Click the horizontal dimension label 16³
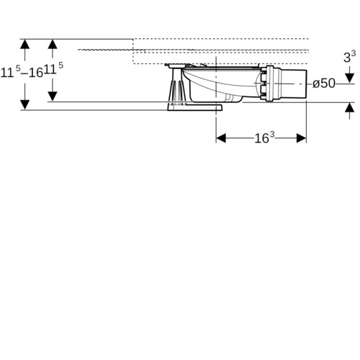coord(264,138)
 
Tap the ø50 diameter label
coord(324,84)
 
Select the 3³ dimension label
coord(349,57)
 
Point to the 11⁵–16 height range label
coord(22,71)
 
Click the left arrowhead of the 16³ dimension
coord(221,138)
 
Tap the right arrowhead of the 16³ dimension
coord(302,138)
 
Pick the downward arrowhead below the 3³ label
coord(350,78)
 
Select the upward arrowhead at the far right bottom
coord(350,107)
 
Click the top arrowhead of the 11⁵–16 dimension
coord(24,44)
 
